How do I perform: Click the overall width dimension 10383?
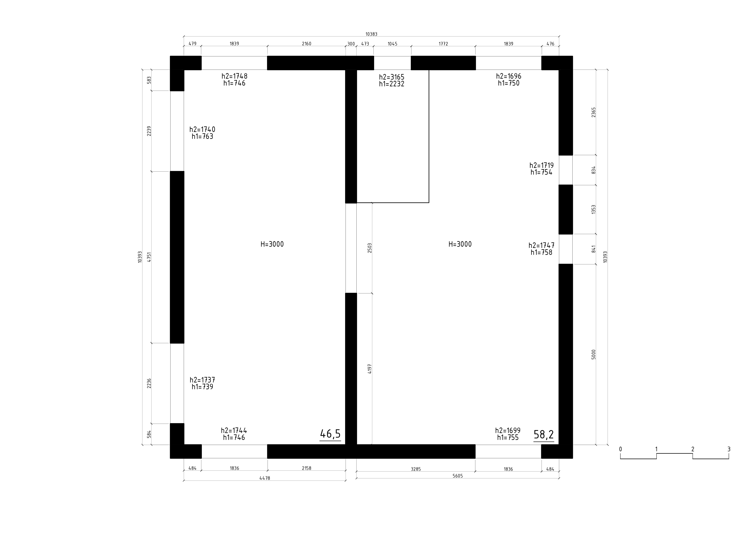371,34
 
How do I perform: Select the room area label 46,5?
330,434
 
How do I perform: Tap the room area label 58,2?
544,435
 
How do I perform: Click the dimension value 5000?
594,355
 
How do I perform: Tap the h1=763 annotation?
203,136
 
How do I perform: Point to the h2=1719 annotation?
542,165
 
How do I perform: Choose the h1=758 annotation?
542,253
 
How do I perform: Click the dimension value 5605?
458,476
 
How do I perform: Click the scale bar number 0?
621,449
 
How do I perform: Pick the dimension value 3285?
416,469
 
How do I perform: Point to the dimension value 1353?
594,210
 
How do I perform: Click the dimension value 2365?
594,112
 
